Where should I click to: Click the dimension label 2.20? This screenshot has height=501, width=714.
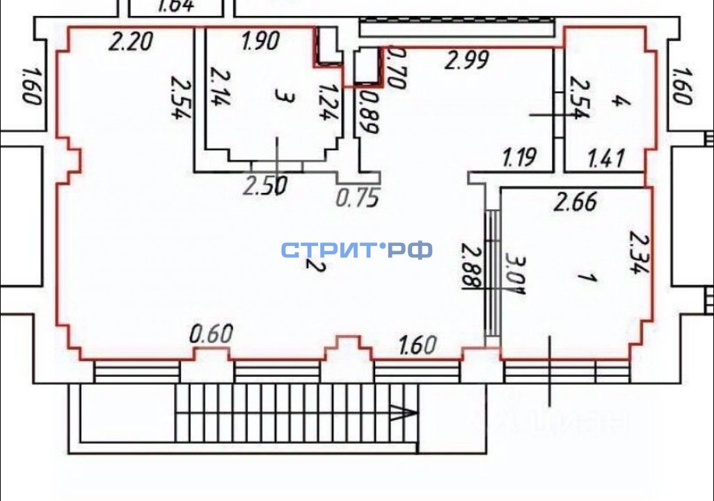[x=132, y=43]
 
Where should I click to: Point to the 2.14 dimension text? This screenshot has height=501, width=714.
[x=219, y=86]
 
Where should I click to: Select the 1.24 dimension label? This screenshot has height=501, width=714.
[x=326, y=102]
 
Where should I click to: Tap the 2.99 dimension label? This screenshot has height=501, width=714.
[x=467, y=61]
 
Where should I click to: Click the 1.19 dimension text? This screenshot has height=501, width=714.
[x=519, y=158]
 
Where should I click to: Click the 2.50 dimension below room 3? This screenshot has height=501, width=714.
[x=264, y=186]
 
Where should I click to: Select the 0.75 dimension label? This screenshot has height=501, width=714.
[x=358, y=198]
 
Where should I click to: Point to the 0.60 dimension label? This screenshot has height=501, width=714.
[x=211, y=334]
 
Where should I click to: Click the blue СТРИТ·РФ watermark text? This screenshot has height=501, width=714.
[x=357, y=249]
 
